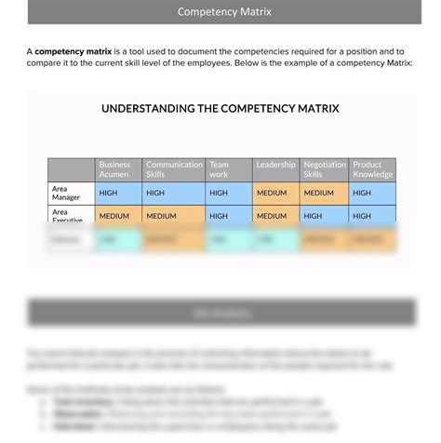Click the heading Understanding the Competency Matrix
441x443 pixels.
[220, 109]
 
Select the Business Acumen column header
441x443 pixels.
[118, 169]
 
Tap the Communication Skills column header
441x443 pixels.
[174, 169]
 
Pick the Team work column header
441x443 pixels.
[228, 169]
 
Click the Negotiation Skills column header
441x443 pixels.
[324, 169]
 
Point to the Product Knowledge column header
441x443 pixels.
[373, 169]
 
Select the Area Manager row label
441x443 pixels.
[72, 193]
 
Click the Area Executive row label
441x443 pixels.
[72, 215]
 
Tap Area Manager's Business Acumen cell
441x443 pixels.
[118, 193]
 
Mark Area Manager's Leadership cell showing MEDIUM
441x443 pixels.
[275, 193]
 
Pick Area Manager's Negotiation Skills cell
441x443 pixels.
[324, 193]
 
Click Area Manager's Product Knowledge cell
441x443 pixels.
[373, 193]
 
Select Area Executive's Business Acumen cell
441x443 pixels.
[118, 215]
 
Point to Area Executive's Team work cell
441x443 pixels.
[228, 215]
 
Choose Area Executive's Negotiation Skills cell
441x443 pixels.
[324, 215]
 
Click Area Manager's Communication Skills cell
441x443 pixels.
[174, 193]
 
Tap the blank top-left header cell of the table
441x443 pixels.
[72, 169]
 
